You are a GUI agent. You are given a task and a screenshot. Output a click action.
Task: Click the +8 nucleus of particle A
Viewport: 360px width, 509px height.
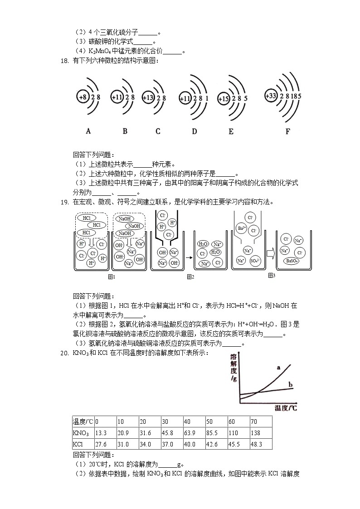point(83,97)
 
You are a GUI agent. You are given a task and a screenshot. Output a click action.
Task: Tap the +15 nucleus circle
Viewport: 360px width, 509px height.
point(224,97)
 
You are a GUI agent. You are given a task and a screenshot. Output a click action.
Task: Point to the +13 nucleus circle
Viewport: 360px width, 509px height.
point(149,97)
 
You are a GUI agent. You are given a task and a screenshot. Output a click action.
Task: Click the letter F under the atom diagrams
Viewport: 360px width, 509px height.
point(287,131)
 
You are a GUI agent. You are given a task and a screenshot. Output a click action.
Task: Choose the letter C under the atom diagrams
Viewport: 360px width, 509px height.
point(158,131)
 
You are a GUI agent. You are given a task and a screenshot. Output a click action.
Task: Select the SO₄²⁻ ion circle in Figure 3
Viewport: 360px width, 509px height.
point(255,261)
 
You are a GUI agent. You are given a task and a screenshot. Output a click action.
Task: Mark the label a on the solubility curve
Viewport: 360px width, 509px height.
point(277,368)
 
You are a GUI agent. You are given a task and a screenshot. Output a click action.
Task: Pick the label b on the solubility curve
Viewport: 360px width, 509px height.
point(291,385)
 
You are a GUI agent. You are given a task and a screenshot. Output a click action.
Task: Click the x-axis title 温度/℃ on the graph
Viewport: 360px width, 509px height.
point(286,408)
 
